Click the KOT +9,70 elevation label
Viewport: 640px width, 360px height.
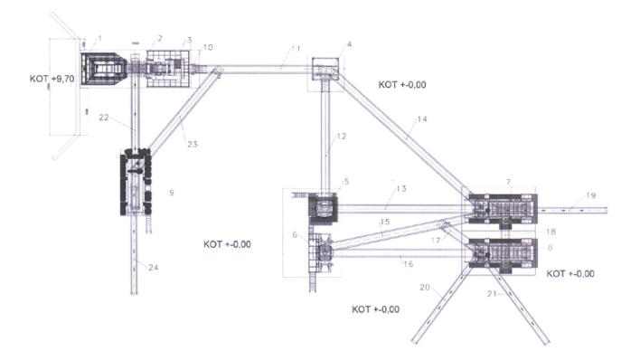pyautogui.click(x=52, y=79)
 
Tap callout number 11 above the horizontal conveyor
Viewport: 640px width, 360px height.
pyautogui.click(x=296, y=49)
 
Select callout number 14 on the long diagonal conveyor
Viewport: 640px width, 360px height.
pyautogui.click(x=422, y=118)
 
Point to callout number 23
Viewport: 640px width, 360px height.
pyautogui.click(x=193, y=144)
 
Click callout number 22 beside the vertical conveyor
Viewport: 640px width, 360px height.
pyautogui.click(x=104, y=118)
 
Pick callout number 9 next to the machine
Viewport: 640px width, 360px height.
pyautogui.click(x=172, y=193)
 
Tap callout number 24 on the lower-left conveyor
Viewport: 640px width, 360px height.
pyautogui.click(x=153, y=268)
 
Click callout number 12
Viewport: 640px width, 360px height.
pyautogui.click(x=341, y=136)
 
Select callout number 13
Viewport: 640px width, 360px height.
pyautogui.click(x=401, y=188)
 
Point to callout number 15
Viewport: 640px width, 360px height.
pyautogui.click(x=384, y=222)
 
